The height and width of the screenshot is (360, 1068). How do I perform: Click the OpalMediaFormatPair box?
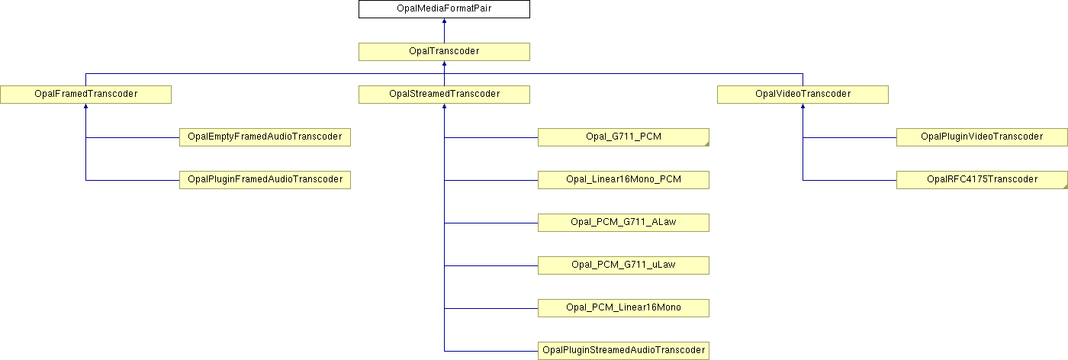pos(444,9)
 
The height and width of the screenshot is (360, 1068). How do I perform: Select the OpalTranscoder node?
pos(444,52)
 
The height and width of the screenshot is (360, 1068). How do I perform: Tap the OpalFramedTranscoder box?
pos(85,95)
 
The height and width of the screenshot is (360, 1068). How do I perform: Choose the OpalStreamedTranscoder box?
pos(444,95)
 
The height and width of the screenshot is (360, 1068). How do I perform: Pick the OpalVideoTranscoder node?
pos(803,95)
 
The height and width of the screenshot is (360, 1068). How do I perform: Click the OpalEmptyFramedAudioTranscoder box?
pos(265,137)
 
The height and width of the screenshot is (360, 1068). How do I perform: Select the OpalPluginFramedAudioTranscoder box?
pos(265,180)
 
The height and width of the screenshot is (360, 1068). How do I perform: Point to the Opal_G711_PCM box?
pos(624,137)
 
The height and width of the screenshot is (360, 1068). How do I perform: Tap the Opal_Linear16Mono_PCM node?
pos(624,180)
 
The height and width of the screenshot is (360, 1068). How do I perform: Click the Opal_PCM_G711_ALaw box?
pos(624,223)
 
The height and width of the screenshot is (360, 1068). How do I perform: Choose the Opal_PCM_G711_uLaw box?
pos(624,265)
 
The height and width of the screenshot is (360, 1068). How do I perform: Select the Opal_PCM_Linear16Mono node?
pos(624,308)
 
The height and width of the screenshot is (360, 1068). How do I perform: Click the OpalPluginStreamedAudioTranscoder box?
pos(624,350)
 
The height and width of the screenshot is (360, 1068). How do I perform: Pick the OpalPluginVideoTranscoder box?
pos(983,137)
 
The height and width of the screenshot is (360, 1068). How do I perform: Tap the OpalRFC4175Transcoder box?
pos(983,180)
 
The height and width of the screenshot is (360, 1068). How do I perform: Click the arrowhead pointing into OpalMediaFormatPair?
pos(444,21)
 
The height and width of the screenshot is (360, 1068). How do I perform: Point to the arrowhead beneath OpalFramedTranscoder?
pos(85,106)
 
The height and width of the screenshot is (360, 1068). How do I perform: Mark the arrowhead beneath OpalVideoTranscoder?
pos(803,106)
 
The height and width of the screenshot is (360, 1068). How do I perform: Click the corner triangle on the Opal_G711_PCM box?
pos(707,144)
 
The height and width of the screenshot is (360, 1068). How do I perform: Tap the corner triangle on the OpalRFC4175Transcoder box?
pos(1066,186)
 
